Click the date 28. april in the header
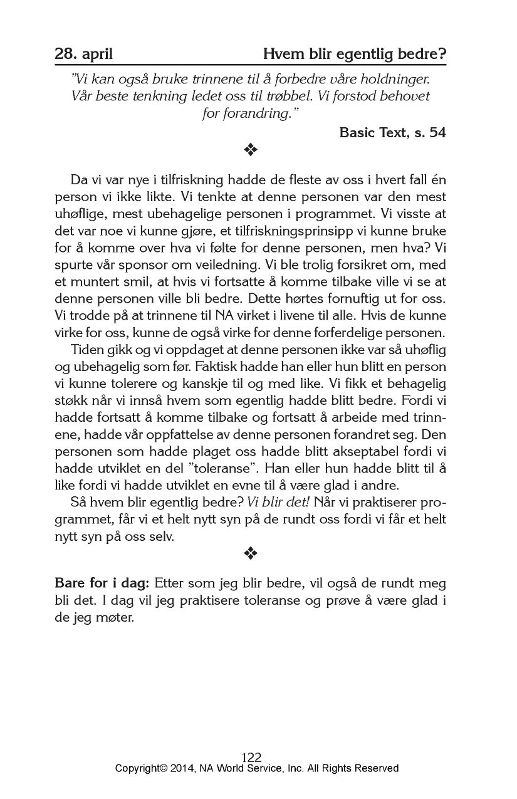[83, 54]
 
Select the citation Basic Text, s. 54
[392, 133]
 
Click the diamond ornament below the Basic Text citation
[251, 150]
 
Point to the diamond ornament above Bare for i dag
[251, 552]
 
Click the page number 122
[251, 757]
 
